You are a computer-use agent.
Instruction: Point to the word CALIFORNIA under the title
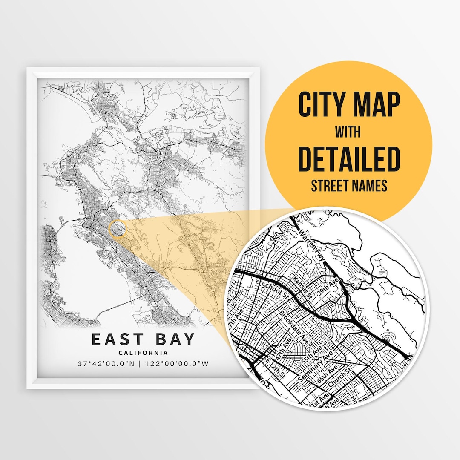(x=143, y=353)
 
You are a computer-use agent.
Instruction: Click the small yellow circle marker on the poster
(x=118, y=229)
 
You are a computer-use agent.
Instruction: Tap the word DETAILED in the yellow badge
(x=349, y=159)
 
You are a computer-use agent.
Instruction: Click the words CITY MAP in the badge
(x=349, y=105)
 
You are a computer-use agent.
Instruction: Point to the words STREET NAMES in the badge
(x=349, y=186)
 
